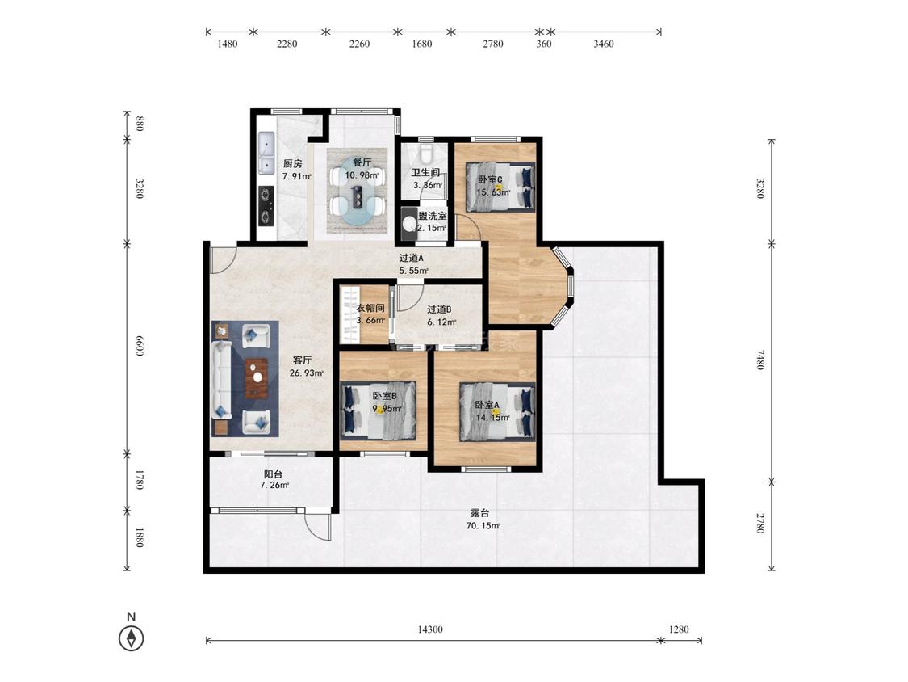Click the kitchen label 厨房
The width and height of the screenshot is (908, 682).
(292, 163)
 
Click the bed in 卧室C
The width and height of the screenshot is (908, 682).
(500, 186)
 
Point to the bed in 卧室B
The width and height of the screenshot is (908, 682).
(379, 409)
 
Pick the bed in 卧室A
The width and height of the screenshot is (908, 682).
(497, 411)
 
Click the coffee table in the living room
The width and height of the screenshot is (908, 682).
(257, 379)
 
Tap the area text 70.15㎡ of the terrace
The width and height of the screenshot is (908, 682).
(483, 526)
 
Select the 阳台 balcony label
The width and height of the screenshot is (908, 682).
(274, 474)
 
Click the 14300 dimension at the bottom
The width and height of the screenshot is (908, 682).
(430, 629)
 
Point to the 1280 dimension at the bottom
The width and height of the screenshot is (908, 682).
(679, 629)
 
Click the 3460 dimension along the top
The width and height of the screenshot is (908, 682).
(604, 44)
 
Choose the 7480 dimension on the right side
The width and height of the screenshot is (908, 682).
(760, 360)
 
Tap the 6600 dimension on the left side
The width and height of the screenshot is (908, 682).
(139, 345)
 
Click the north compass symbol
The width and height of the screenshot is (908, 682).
(132, 638)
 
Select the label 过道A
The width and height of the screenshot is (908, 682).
(411, 258)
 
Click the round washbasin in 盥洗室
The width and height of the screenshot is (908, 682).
(409, 224)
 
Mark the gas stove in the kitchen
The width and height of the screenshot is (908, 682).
(266, 206)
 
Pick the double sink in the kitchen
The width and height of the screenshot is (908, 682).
(266, 154)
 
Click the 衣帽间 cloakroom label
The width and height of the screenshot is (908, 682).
(370, 308)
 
